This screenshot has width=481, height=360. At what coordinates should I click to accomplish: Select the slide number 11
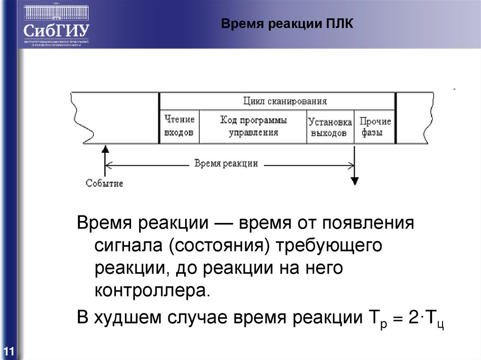coord(9,351)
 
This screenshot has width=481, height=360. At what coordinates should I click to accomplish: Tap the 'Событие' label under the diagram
coord(104,183)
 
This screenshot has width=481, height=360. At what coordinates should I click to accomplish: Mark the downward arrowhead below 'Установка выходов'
coord(355,181)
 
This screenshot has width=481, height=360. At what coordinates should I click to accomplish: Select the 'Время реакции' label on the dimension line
coord(226,163)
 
